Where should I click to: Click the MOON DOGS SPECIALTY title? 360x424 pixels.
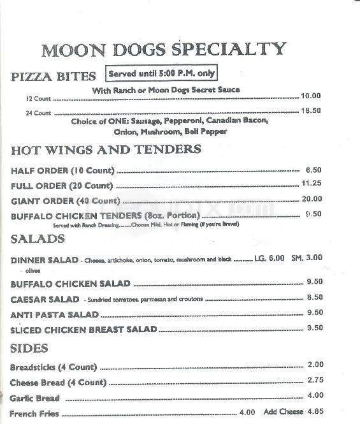163,49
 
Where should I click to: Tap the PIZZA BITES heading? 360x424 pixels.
54,75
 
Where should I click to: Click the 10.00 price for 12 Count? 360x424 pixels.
311,96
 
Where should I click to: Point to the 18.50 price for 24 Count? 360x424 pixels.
311,111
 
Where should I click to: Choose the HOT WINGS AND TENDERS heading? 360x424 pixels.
106,150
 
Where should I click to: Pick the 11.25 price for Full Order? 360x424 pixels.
311,184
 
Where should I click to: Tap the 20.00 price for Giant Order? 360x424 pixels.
311,200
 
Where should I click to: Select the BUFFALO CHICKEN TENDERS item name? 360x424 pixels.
106,216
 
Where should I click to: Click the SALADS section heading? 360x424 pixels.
38,238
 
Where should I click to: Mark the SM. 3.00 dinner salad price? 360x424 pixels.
308,258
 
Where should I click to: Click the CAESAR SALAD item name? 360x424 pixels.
44,299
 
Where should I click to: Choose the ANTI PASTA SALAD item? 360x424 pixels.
55,315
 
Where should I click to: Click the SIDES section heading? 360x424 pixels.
31,349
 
